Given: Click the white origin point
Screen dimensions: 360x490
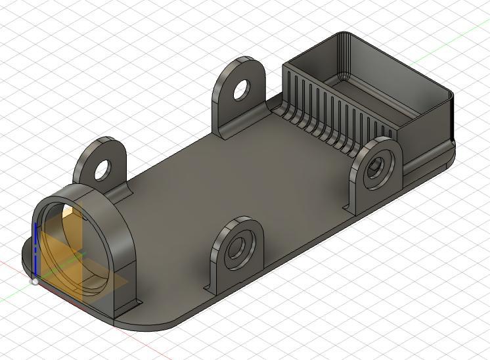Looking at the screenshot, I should coord(35,281).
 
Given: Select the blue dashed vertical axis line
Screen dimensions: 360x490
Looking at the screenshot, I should coord(34,250).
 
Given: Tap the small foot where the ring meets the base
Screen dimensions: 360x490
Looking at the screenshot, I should coord(131,305).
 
